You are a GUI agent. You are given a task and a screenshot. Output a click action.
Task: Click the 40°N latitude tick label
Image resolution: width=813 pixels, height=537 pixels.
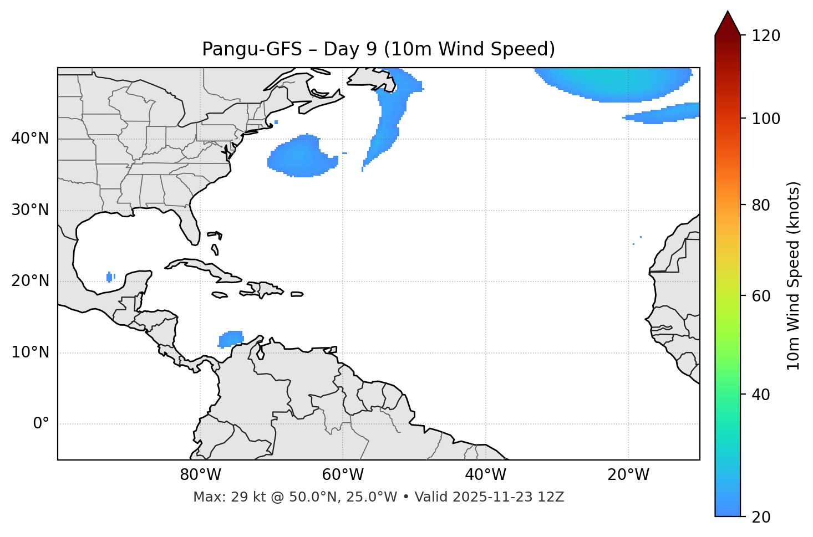30,139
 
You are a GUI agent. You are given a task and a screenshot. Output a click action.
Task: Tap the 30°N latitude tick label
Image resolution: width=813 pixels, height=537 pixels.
30,210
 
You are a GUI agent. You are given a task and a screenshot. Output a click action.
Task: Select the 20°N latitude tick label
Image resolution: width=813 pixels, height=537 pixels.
30,281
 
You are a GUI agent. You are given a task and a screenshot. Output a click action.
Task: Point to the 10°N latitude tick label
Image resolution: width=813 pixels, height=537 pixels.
30,352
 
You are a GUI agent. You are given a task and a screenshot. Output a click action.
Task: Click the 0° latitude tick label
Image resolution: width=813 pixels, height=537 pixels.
41,424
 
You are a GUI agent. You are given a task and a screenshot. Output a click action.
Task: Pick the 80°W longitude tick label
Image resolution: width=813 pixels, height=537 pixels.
200,475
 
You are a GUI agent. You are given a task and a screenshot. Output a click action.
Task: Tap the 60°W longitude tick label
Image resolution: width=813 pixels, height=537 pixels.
343,475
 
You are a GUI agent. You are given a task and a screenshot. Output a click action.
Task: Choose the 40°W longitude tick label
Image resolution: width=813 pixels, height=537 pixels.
485,475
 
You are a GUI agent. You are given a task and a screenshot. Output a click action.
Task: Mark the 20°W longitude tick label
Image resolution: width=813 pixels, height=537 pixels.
628,475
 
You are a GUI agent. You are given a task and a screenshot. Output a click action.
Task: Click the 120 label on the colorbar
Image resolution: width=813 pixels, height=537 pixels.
766,36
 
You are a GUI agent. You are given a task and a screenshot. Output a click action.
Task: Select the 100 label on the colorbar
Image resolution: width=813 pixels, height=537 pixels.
766,119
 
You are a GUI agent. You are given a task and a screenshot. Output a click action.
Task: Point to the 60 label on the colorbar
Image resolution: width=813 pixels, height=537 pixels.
761,296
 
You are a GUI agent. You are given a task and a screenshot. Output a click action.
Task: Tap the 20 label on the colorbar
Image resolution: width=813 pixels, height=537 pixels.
761,517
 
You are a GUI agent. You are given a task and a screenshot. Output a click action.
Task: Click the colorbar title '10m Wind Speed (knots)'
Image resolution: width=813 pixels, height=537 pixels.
794,275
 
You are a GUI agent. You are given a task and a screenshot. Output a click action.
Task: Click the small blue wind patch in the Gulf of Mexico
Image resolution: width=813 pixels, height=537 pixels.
110,277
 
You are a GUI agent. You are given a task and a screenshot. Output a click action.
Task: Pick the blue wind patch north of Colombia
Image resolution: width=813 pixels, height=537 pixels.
231,338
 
